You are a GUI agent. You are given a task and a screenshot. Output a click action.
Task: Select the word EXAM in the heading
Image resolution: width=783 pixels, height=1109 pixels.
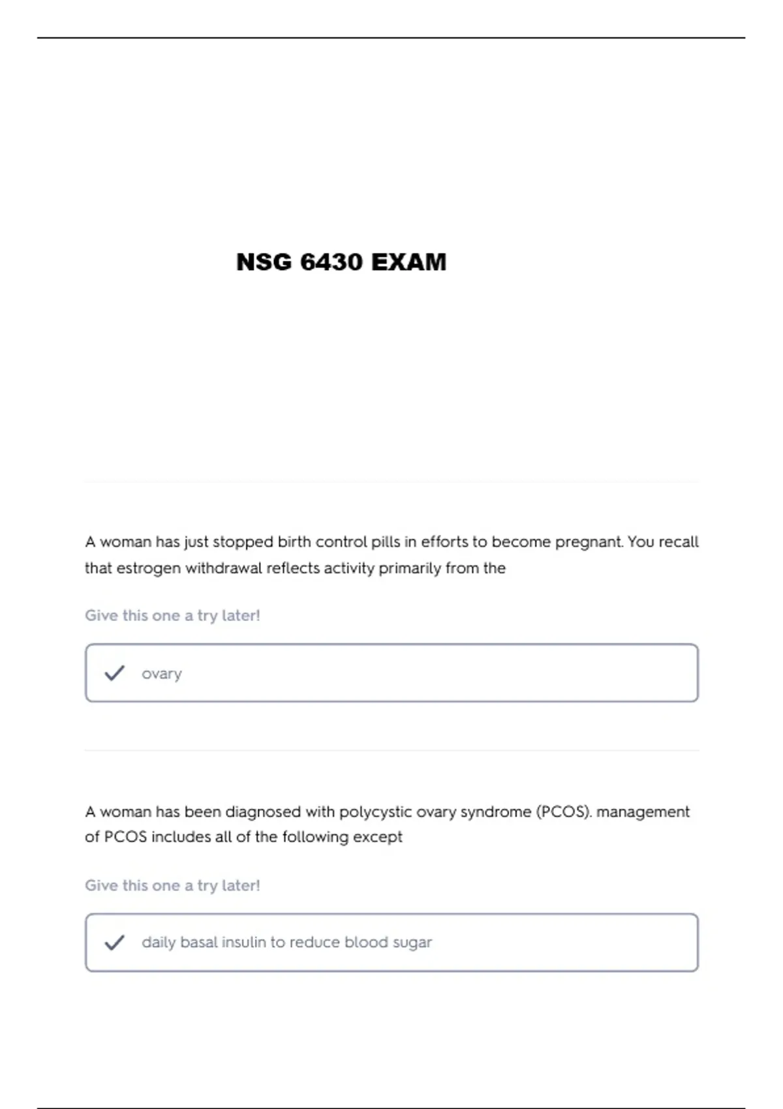[x=409, y=262]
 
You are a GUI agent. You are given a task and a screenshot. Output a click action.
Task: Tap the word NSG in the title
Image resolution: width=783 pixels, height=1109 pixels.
[x=264, y=262]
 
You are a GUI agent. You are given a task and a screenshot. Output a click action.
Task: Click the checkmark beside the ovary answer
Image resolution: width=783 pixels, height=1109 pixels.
[x=114, y=673]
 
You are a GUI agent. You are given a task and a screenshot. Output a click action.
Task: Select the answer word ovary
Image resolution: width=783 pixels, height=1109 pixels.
[x=162, y=674]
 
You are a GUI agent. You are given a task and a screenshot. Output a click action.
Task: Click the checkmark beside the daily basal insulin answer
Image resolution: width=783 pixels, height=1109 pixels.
[x=114, y=942]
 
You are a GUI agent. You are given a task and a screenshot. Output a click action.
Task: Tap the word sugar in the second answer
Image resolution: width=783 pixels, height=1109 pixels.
[x=412, y=943]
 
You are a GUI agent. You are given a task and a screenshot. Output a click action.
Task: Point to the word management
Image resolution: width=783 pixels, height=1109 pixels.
[x=643, y=812]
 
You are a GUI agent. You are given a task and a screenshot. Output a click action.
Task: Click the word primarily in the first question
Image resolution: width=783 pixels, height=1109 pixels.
[x=410, y=568]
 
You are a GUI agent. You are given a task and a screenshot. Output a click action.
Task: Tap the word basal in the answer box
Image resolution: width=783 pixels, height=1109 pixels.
[x=198, y=942]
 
